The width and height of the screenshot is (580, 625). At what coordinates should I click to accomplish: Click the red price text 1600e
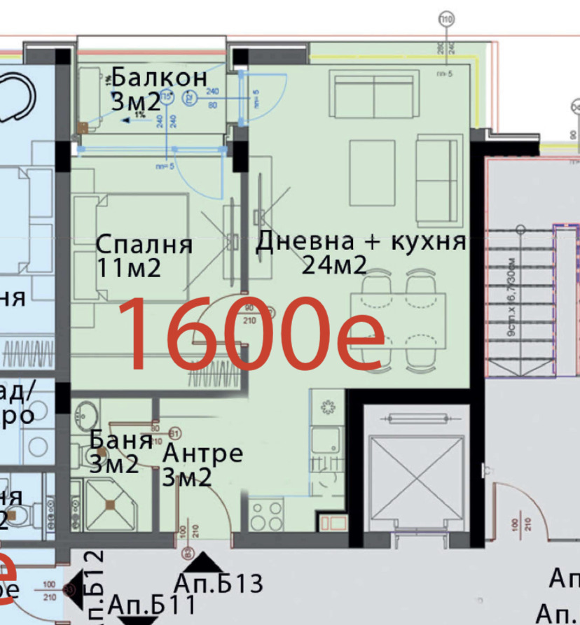(x=252, y=333)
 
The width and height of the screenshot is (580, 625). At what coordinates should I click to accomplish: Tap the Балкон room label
(x=159, y=77)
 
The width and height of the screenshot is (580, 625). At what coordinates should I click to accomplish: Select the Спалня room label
(x=144, y=245)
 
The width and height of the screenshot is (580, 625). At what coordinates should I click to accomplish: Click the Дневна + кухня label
(x=361, y=241)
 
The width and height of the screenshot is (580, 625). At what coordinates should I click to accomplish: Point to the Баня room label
(x=121, y=440)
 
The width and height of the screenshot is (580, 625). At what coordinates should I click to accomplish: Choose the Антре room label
(x=202, y=454)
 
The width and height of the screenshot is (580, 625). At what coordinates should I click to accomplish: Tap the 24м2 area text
(x=335, y=265)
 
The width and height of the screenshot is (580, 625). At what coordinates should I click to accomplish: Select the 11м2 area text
(x=130, y=267)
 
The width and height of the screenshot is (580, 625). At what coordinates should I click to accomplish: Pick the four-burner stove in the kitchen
(x=266, y=516)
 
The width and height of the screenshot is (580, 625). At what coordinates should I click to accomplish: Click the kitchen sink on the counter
(x=326, y=440)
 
